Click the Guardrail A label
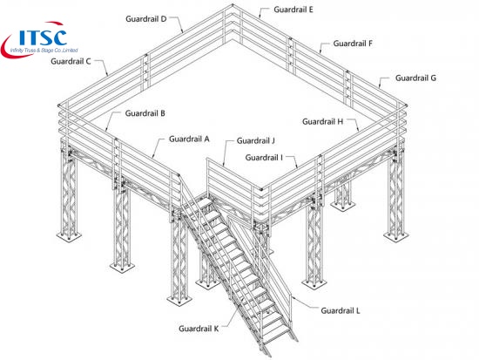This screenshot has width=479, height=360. [x=189, y=139]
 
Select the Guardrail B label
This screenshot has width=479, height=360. [x=145, y=113]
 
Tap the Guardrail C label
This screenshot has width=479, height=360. [x=71, y=62]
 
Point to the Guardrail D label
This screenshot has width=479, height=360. [x=146, y=19]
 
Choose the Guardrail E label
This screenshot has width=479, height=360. [x=293, y=10]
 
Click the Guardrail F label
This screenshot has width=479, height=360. [x=353, y=44]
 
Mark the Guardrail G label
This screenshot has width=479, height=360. [x=415, y=78]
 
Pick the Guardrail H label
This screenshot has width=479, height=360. [x=323, y=122]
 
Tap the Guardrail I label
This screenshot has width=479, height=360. [x=264, y=158]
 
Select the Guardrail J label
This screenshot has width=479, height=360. [x=256, y=141]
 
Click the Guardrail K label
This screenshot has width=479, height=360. [x=199, y=329]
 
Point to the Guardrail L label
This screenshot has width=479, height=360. [x=341, y=311]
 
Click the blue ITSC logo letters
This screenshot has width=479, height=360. [x=43, y=37]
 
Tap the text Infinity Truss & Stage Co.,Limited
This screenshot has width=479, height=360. [x=44, y=51]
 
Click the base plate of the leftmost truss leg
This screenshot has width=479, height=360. [x=69, y=236]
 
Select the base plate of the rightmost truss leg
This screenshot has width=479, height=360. [x=396, y=235]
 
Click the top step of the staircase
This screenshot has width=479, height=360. [x=202, y=202]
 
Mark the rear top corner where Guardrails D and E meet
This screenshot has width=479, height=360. [x=233, y=5]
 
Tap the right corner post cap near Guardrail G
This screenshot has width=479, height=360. [x=407, y=105]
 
